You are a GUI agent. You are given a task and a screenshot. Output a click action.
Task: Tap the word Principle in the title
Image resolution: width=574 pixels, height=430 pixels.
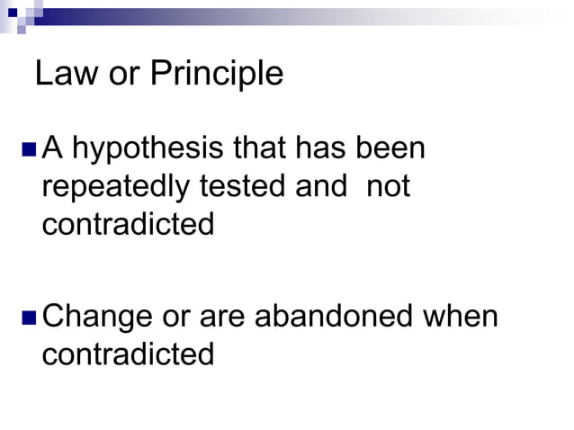216,75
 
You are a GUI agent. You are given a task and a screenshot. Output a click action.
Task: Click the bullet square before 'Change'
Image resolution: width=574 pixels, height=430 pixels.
27,318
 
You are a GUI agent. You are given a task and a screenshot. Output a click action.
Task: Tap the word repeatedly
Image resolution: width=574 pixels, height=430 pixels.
116,186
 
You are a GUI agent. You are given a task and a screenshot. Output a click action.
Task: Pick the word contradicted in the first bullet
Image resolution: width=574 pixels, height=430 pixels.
128,223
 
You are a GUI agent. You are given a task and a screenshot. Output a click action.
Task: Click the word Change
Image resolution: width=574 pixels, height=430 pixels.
96,318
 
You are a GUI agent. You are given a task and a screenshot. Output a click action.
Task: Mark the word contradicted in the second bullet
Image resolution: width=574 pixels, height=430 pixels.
128,354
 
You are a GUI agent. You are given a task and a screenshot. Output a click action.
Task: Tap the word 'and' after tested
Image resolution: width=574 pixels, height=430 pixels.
320,186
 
